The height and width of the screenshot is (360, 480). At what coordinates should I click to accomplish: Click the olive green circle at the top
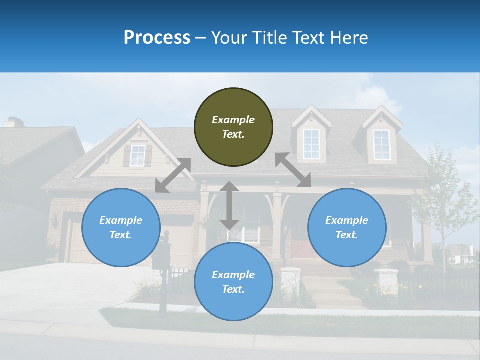233,127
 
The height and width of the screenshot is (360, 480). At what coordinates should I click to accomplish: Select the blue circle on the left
121,227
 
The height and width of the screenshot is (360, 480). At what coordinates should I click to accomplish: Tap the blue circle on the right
347,227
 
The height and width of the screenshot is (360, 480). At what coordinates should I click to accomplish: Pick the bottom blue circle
233,282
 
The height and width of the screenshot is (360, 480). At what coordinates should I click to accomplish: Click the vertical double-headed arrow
229,205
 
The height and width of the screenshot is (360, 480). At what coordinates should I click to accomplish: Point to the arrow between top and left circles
173,175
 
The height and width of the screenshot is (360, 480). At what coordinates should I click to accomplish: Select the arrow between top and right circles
293,170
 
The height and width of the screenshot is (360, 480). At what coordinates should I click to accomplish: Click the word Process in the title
157,38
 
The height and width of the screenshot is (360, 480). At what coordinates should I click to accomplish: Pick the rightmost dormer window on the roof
382,145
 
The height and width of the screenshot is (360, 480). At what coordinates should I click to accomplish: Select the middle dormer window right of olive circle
311,144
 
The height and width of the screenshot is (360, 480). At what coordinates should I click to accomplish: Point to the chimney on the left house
14,122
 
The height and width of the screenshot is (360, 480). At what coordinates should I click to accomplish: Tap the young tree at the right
442,200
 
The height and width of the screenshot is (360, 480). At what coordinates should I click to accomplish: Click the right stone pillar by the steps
385,282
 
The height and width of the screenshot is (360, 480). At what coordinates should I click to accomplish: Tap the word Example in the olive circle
233,120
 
